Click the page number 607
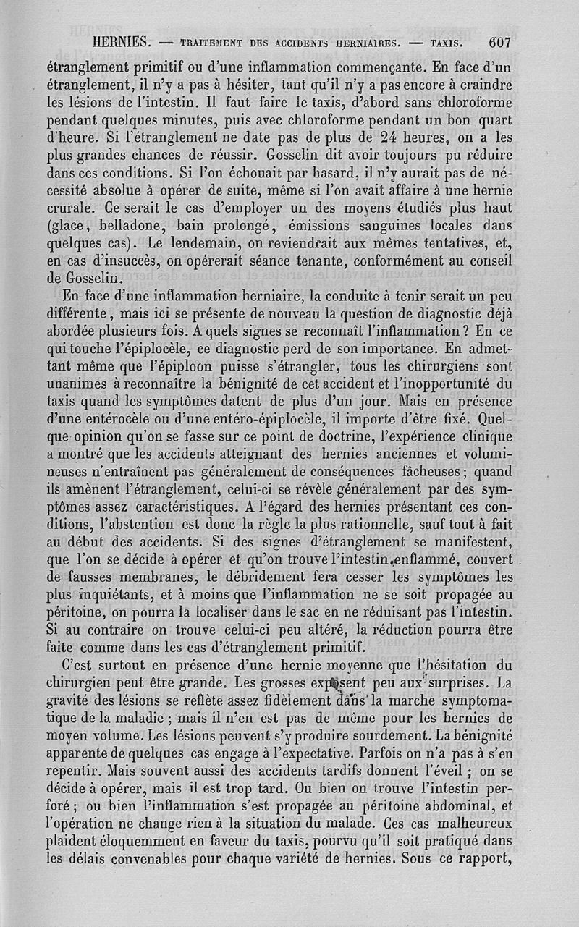tap(499, 41)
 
